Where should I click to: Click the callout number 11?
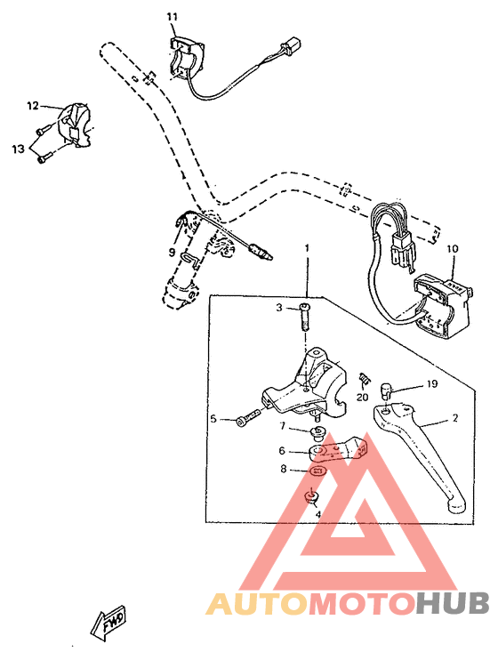pos(172,17)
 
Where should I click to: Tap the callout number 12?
pos(32,106)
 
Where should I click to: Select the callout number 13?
pos(18,149)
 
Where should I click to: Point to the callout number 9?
pos(172,252)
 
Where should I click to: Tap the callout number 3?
pos(278,308)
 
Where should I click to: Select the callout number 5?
pos(213,418)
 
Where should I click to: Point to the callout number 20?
pos(363,398)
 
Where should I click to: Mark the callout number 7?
pos(282,428)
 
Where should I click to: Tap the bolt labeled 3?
pos(306,316)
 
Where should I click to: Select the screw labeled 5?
pos(248,418)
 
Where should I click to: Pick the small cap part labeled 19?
pos(389,388)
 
